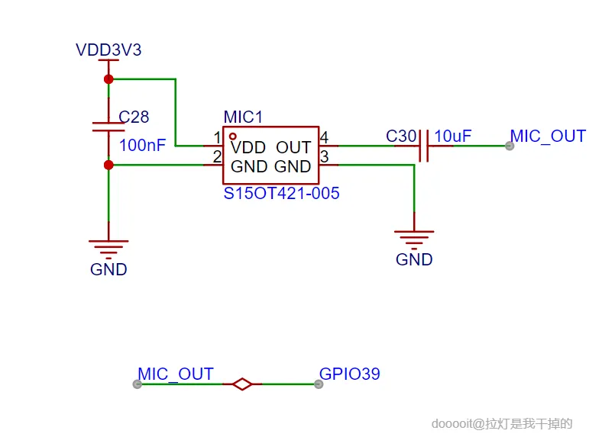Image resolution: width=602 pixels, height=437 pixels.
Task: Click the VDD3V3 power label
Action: (108, 50)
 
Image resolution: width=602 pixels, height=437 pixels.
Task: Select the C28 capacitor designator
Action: (134, 117)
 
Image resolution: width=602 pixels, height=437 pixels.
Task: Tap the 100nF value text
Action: (143, 145)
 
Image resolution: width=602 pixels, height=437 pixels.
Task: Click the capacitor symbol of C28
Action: (108, 127)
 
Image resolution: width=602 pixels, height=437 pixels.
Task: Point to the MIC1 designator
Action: (243, 117)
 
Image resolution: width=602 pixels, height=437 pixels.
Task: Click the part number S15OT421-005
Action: (281, 194)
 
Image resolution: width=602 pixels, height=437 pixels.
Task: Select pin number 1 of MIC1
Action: (217, 138)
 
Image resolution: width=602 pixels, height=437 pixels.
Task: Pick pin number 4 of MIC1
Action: (324, 138)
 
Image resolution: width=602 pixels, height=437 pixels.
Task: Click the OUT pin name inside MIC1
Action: (293, 146)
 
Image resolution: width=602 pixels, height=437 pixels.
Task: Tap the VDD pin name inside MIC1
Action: (249, 146)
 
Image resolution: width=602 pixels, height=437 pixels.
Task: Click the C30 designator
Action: (401, 137)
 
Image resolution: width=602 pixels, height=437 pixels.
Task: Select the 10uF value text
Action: (453, 137)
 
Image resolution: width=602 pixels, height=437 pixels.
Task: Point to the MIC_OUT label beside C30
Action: (548, 137)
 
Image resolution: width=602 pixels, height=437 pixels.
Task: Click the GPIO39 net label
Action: (349, 374)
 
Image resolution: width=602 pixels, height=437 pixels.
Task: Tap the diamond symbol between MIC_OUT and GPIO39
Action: (242, 384)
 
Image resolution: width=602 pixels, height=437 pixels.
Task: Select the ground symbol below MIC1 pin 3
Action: (414, 236)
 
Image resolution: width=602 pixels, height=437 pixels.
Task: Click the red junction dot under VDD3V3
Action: (108, 79)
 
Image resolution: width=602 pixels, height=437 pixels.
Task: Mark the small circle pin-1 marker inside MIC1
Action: (232, 135)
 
